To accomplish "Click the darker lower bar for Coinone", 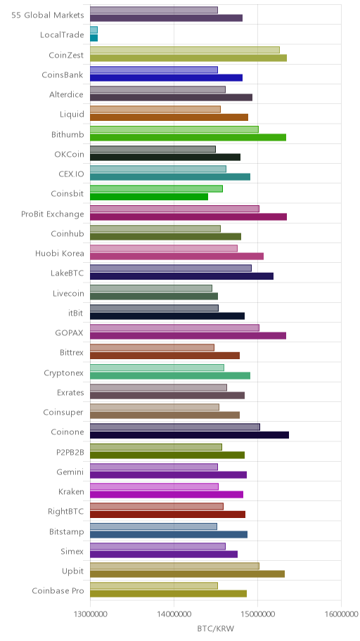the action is tap(189, 435).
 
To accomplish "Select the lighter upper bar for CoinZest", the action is tap(185, 50).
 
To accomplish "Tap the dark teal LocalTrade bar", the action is tap(94, 38).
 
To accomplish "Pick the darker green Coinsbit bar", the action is tap(149, 197).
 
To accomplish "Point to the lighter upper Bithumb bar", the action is tap(174, 129).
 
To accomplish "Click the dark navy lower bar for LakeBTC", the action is tap(181, 276).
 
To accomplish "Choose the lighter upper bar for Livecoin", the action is tap(151, 288).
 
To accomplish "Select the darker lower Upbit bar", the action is tap(187, 574).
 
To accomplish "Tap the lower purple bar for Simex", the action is tap(164, 555).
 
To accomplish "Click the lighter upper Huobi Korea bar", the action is tap(164, 248).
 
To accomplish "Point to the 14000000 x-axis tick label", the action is tap(174, 614).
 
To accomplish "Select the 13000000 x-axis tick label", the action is tap(90, 614).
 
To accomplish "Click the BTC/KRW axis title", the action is tap(216, 629).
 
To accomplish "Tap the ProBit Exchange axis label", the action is tap(52, 214).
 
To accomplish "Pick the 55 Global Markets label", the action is tap(48, 15).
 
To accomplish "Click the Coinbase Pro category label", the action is tap(58, 590).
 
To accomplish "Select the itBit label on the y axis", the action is tap(76, 313).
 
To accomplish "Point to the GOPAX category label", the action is tap(70, 333).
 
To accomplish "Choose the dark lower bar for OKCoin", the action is tap(165, 157).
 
